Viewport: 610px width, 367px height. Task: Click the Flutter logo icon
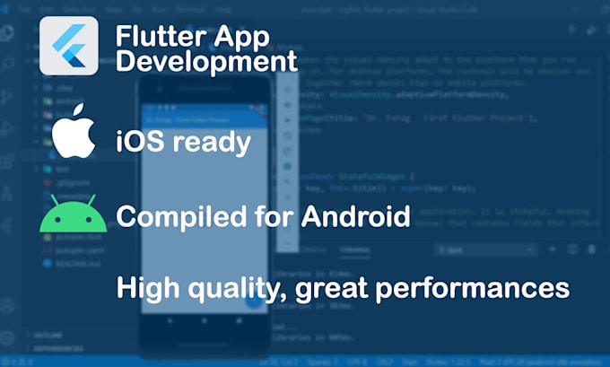coord(69,46)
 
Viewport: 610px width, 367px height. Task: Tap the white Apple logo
coord(73,135)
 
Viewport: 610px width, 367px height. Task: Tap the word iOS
coord(139,142)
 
